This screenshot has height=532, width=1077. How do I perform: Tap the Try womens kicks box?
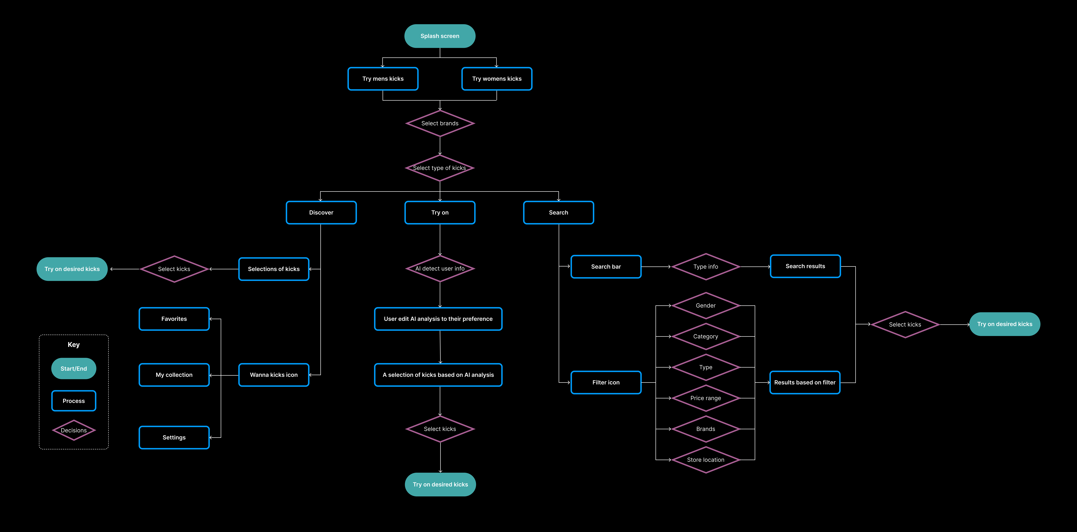click(x=497, y=79)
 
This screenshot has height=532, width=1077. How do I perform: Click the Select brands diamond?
click(x=440, y=123)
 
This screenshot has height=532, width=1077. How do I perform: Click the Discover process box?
click(x=321, y=212)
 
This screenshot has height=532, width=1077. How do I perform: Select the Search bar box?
click(x=606, y=267)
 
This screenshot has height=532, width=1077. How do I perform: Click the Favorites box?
click(x=174, y=319)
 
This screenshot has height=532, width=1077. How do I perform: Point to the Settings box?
click(x=174, y=438)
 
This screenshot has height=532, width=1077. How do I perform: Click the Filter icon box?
click(x=606, y=382)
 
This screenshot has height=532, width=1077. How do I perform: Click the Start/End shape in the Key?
click(x=74, y=369)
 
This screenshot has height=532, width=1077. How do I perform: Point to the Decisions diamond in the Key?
click(x=74, y=430)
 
